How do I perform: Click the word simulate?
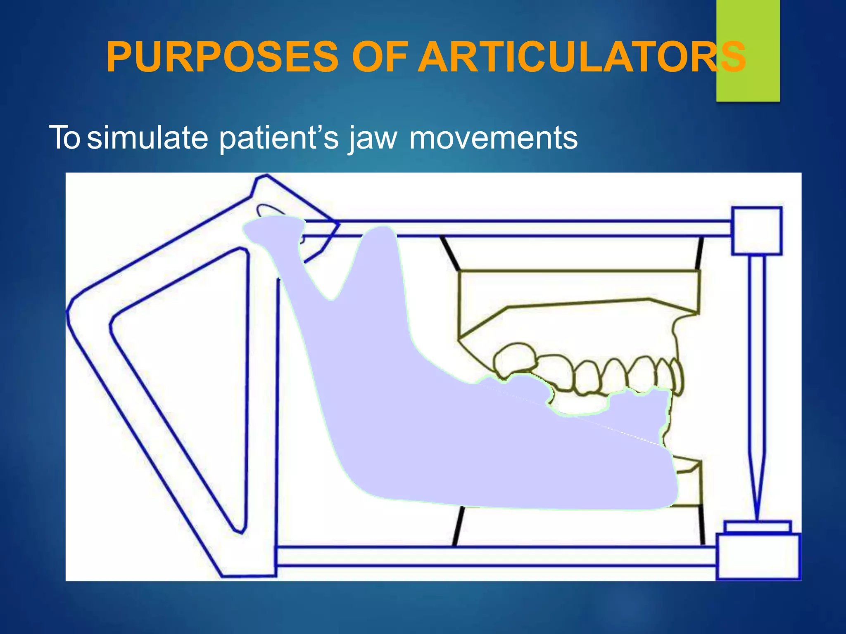[x=148, y=138]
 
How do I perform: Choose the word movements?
[x=493, y=138]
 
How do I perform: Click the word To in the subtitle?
[x=64, y=138]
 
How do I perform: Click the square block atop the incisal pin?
[x=757, y=231]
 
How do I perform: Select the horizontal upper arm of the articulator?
[x=516, y=228]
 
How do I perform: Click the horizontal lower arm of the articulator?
[x=496, y=556]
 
